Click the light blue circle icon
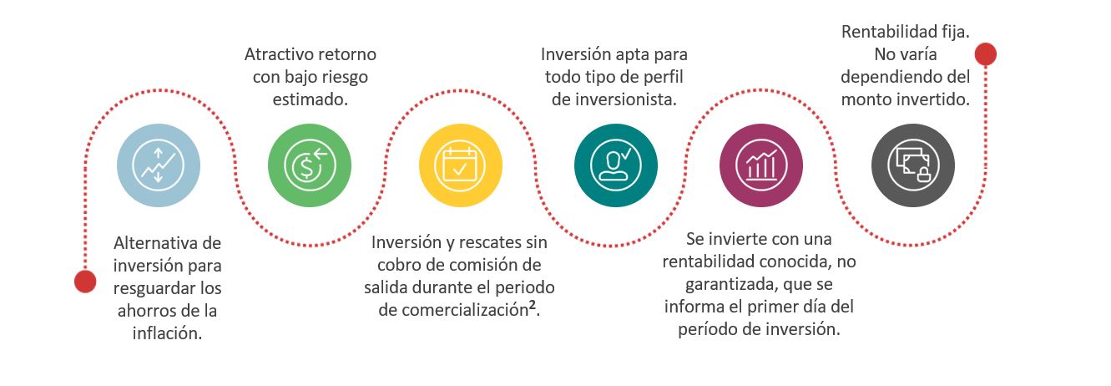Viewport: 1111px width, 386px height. point(159,165)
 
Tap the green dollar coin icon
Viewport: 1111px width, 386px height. point(310,165)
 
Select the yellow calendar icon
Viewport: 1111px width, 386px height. point(460,165)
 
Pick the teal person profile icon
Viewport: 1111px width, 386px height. point(615,165)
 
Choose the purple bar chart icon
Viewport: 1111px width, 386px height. point(760,165)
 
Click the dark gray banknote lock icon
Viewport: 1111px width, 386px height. point(912,165)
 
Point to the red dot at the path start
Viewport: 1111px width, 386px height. point(85,282)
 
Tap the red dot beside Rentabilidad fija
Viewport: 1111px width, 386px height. point(985,54)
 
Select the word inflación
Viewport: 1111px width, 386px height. point(167,333)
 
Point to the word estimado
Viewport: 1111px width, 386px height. point(310,99)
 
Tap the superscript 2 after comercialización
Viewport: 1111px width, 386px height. point(533,304)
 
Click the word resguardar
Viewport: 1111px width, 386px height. point(154,288)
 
